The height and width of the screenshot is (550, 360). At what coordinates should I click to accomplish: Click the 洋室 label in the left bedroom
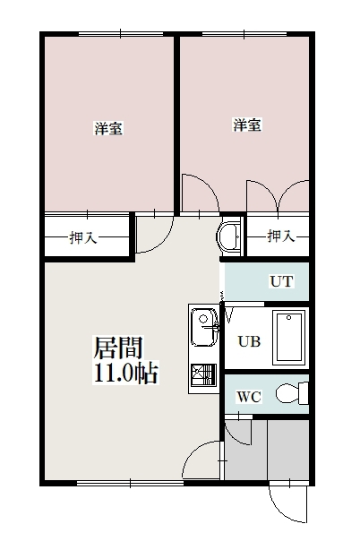click(108, 128)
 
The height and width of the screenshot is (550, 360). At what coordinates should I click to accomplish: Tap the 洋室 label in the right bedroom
click(247, 125)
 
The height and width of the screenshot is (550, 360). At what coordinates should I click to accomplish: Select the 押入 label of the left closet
click(83, 237)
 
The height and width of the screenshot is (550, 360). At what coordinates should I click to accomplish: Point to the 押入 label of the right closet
click(281, 236)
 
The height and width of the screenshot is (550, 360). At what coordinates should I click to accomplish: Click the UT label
click(281, 281)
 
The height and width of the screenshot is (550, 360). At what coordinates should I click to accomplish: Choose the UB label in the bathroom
click(249, 341)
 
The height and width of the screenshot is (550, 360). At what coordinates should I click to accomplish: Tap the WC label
click(249, 397)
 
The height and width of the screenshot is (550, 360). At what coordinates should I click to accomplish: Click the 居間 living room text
click(118, 348)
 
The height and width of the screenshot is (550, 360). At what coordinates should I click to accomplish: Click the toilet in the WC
click(292, 393)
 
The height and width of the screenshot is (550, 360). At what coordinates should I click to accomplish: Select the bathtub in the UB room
click(289, 338)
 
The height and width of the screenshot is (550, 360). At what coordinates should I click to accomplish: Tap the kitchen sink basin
click(204, 327)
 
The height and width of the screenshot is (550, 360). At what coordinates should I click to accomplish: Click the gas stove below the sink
click(203, 375)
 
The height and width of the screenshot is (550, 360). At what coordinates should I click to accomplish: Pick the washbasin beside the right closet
click(229, 237)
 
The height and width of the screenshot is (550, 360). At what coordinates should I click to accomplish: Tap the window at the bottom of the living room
click(130, 483)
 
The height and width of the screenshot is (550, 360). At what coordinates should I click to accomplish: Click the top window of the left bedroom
click(121, 34)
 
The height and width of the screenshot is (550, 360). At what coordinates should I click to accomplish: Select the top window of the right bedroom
click(244, 34)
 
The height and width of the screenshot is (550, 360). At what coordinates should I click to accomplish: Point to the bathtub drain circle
click(288, 318)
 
